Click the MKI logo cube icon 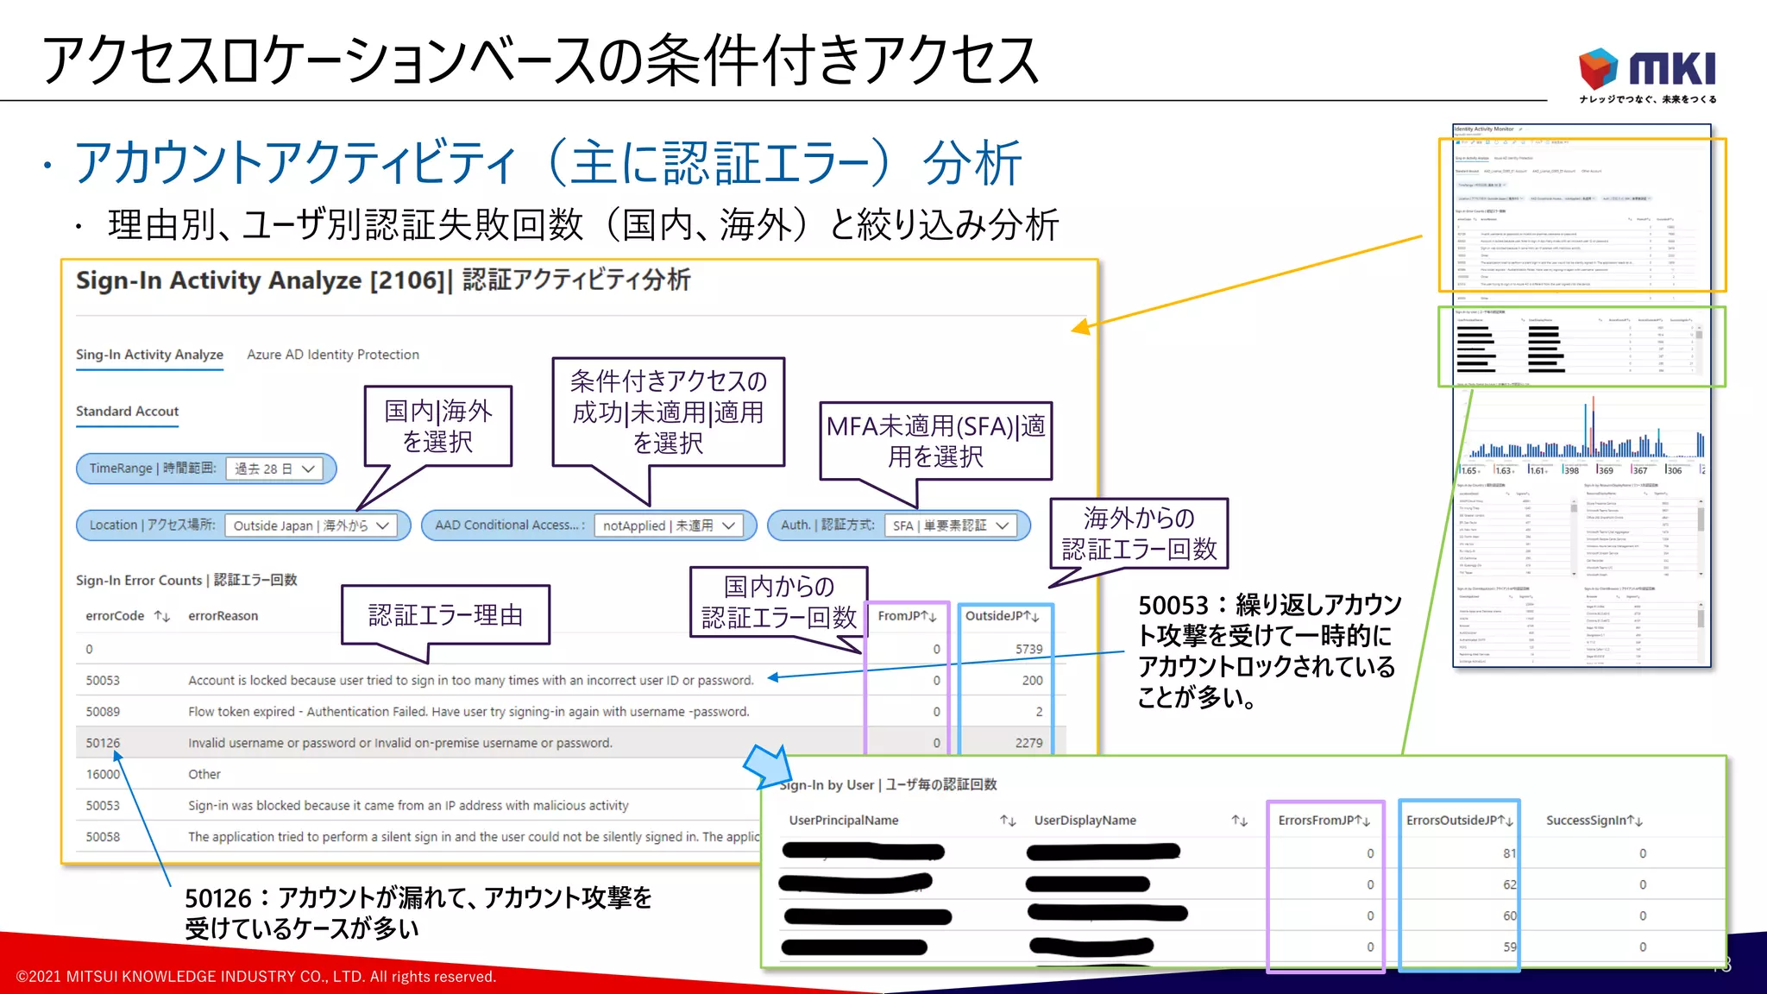point(1598,67)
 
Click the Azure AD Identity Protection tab point(333,355)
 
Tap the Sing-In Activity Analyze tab point(149,355)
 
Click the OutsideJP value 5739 point(1028,649)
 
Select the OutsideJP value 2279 point(1028,743)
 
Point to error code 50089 point(103,712)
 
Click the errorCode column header point(115,616)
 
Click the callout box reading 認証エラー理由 point(445,615)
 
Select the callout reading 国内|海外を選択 point(438,426)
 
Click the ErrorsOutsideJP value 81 point(1509,853)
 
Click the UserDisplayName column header point(1085,821)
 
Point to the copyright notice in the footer point(256,977)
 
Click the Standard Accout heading point(127,412)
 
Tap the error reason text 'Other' point(204,775)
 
